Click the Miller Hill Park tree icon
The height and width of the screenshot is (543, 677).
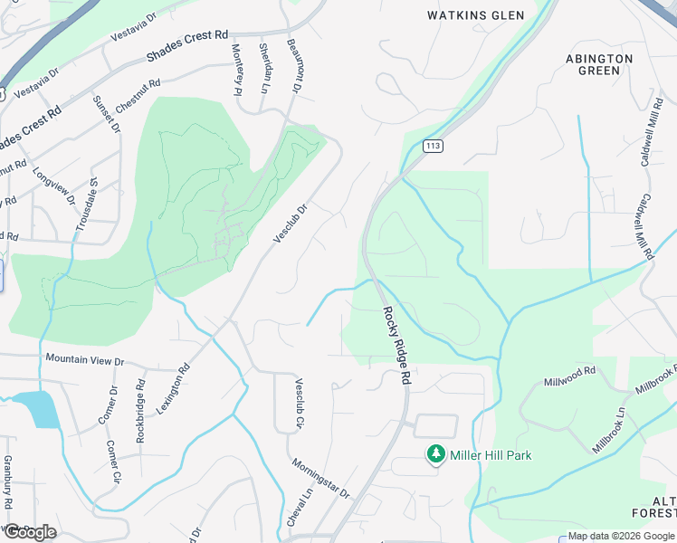(436, 453)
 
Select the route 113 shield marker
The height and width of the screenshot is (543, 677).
(434, 146)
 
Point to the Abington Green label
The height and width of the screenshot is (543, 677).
(599, 63)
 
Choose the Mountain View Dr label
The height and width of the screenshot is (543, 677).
(84, 360)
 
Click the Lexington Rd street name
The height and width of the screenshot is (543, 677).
(174, 389)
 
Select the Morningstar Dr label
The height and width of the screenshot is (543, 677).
(320, 478)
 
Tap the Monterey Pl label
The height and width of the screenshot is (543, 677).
(237, 69)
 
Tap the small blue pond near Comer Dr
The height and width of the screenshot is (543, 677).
(42, 409)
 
